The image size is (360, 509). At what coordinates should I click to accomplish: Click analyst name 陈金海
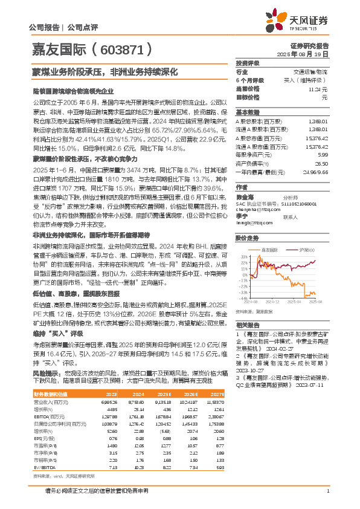(x=243, y=196)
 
